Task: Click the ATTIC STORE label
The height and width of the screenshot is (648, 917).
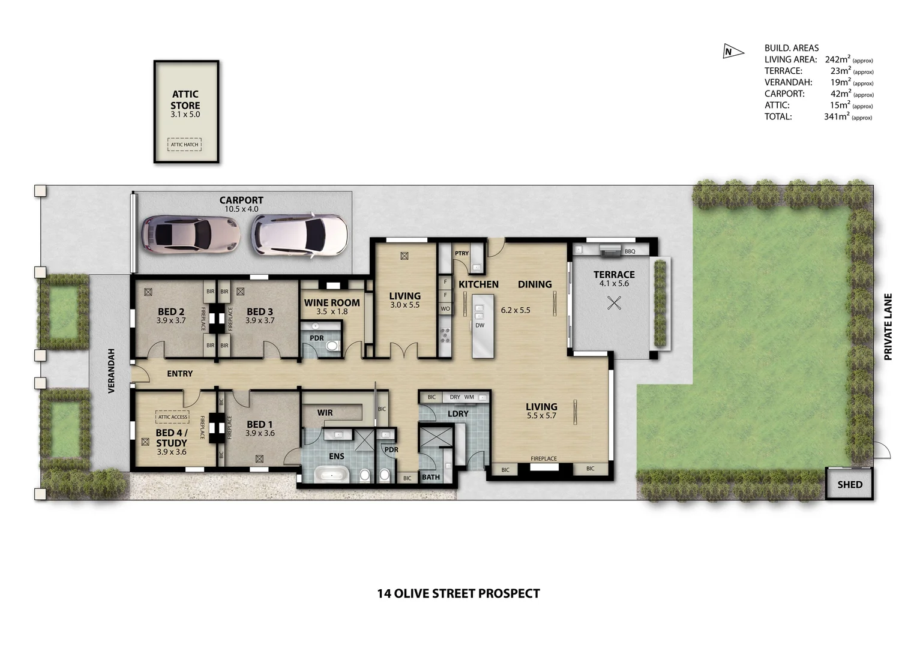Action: pos(185,100)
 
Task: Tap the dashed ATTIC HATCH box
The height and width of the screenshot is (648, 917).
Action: pos(184,145)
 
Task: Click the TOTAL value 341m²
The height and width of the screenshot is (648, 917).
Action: pos(836,117)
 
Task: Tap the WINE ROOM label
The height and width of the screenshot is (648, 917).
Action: pos(332,303)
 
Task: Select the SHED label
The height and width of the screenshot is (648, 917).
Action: pos(850,485)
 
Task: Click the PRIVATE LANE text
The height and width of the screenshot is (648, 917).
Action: pos(888,326)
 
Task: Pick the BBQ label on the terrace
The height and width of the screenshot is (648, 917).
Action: pos(630,251)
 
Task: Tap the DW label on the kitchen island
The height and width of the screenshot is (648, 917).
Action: pos(480,325)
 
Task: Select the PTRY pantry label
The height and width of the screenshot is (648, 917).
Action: pos(462,253)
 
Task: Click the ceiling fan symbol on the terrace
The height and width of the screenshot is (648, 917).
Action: pos(614,303)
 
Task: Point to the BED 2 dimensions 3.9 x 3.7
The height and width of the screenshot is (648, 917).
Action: pos(171,320)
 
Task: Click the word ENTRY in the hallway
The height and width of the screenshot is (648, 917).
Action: pos(179,373)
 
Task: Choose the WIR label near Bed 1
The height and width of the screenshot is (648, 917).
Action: pos(325,413)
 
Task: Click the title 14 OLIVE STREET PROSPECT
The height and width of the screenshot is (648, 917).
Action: pos(458,593)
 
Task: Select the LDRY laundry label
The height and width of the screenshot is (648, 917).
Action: pos(457,413)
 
